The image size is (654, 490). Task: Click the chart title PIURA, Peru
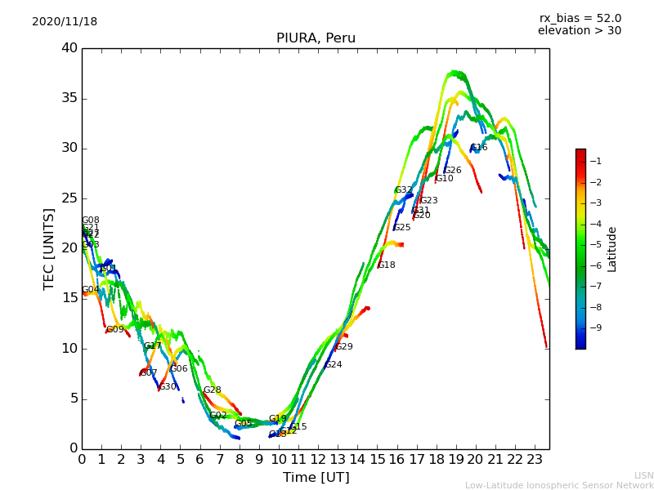click(x=316, y=38)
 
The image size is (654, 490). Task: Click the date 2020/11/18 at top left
click(x=65, y=22)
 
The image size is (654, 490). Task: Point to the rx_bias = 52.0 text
click(x=580, y=19)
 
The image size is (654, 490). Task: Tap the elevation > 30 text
click(x=579, y=31)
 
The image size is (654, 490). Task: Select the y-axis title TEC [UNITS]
click(x=49, y=248)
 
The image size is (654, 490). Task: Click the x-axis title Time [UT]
click(x=316, y=478)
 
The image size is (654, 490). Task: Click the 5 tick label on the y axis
click(x=72, y=399)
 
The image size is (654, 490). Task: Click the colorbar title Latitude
click(x=612, y=249)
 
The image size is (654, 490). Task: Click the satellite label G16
click(x=479, y=148)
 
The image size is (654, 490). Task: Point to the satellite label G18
click(x=386, y=265)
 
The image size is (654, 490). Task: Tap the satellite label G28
click(x=213, y=390)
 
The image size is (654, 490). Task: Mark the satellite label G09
click(x=115, y=330)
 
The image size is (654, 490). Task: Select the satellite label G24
click(x=334, y=365)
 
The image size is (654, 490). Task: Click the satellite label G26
click(x=453, y=171)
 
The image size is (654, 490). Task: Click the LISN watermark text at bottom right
click(x=643, y=475)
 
